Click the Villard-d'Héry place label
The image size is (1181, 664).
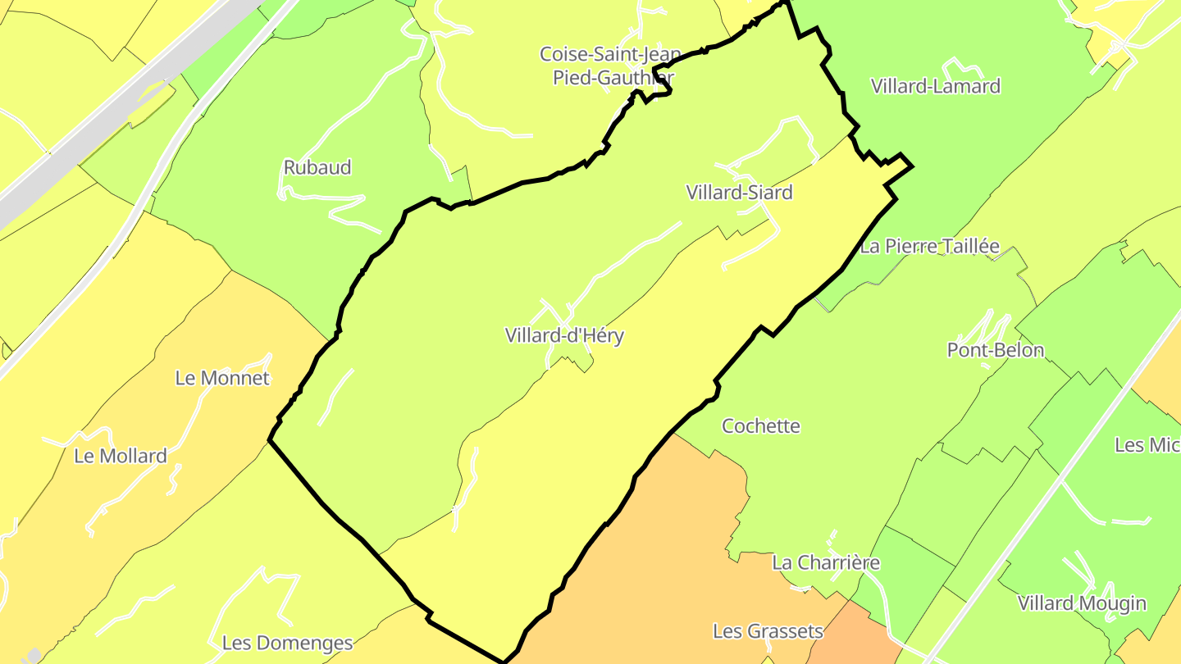(x=564, y=335)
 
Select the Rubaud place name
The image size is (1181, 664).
(x=317, y=167)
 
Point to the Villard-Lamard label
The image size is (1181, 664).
(x=935, y=86)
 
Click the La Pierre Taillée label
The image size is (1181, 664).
(x=930, y=246)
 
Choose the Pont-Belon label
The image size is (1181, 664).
(x=995, y=350)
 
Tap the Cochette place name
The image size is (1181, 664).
(x=760, y=426)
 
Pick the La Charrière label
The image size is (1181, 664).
(x=826, y=562)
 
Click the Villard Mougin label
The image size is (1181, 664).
(x=1082, y=603)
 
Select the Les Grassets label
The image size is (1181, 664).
(x=768, y=631)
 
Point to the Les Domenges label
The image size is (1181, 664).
(x=287, y=643)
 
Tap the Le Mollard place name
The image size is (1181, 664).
(x=121, y=456)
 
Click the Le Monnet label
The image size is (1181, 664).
(x=222, y=378)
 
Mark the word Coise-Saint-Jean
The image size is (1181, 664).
(x=609, y=54)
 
